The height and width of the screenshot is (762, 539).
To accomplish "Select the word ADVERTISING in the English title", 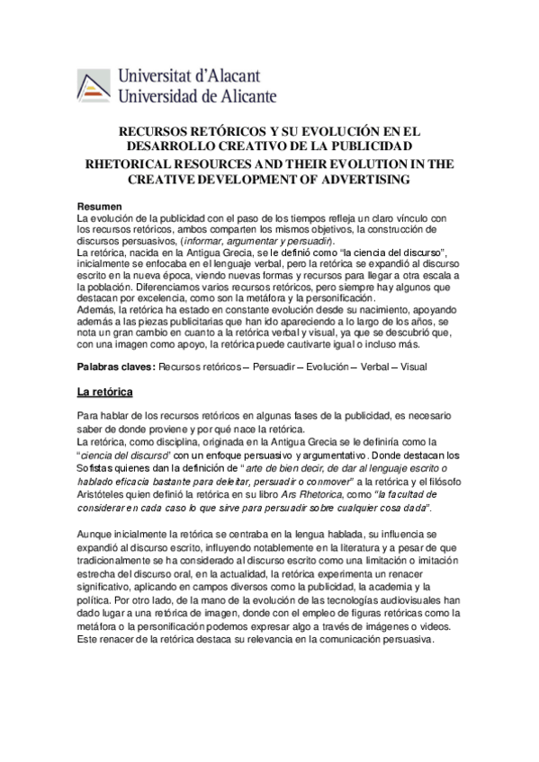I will click(x=364, y=180).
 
